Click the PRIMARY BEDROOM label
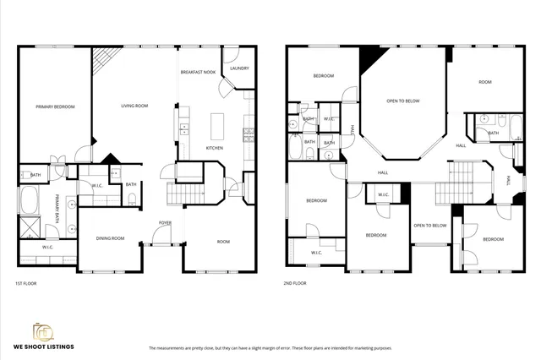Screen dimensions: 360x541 55,106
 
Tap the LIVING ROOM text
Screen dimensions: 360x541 134,106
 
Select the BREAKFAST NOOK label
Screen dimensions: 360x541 198,73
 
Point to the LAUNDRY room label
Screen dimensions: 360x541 238,68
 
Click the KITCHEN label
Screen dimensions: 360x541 215,148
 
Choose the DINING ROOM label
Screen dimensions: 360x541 110,238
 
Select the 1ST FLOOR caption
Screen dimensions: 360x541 25,283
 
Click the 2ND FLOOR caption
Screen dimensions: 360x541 295,283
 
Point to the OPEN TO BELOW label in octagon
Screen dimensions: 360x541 403,101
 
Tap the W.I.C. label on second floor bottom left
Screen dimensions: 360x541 316,252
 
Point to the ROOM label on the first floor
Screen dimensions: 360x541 223,242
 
